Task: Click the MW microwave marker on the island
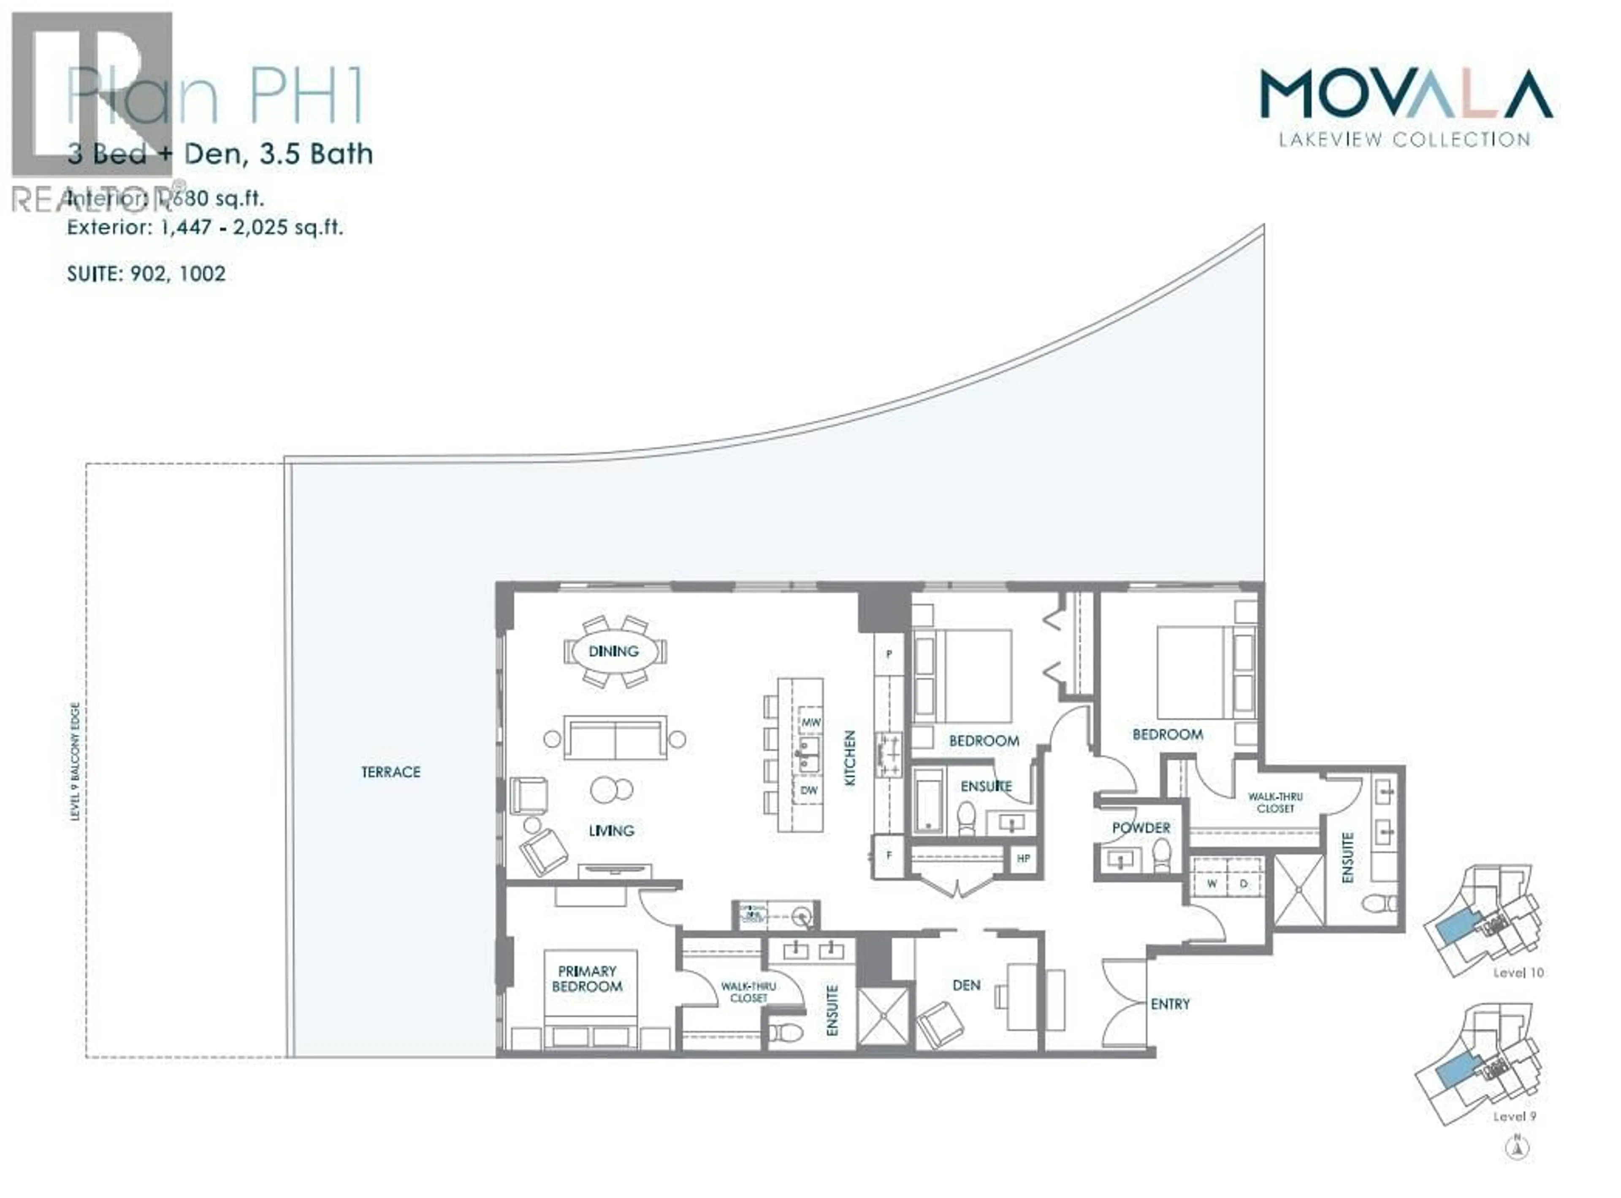(810, 722)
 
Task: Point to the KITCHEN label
(850, 758)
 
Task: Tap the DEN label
(966, 985)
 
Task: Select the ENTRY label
(1170, 1003)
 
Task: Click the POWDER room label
(1141, 828)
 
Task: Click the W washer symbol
(1211, 883)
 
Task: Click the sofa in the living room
(615, 738)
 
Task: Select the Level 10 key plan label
(1518, 973)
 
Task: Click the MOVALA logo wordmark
(1406, 94)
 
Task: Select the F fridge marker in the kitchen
(889, 855)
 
